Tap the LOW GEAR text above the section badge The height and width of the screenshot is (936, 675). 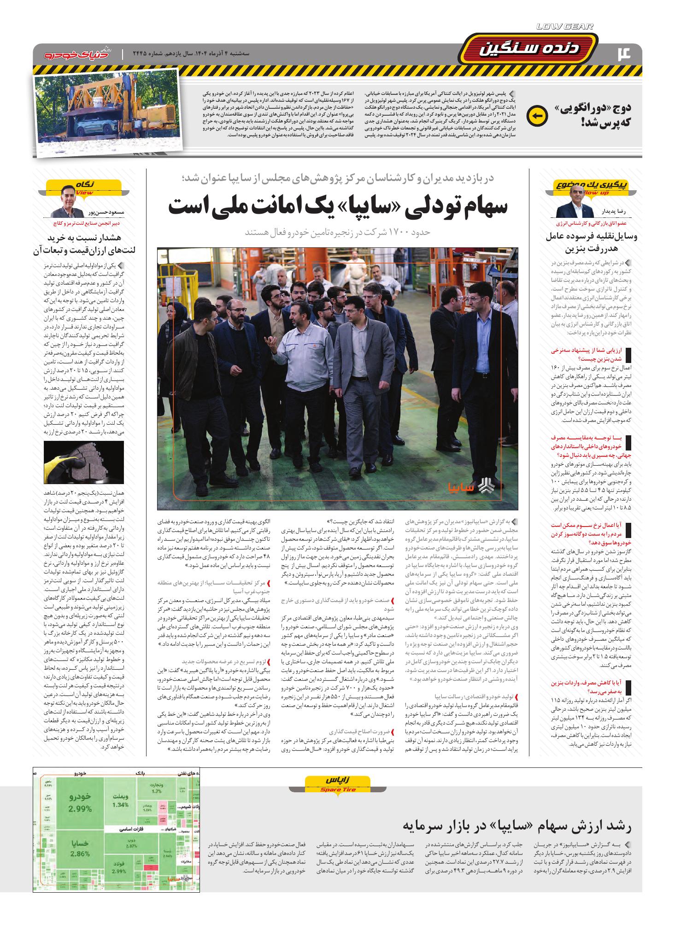pos(565,27)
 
